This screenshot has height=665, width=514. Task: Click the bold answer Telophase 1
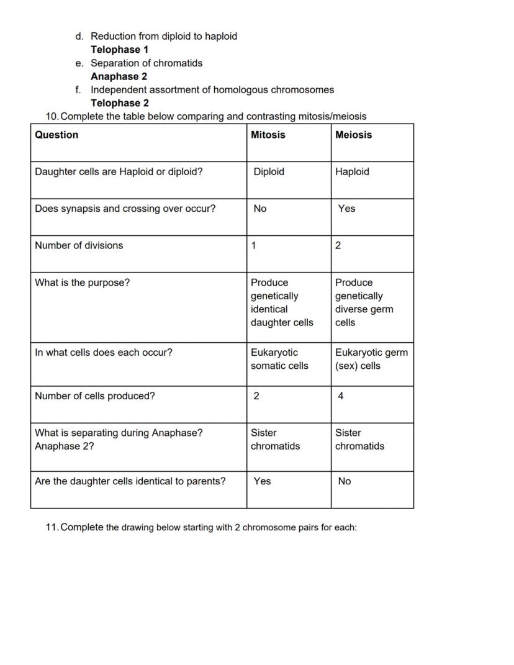point(119,50)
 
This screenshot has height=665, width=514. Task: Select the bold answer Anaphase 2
point(119,76)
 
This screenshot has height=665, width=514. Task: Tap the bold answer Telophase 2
point(119,103)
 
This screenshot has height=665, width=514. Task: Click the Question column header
point(56,135)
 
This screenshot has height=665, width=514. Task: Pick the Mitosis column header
point(268,135)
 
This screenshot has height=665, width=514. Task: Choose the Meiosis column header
point(353,135)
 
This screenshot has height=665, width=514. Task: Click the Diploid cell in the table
point(268,172)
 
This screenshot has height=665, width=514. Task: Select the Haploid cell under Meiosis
point(352,172)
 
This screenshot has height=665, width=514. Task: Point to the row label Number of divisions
point(79,245)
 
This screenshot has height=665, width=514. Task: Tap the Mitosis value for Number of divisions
point(253,245)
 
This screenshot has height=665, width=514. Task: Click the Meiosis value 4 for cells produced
point(341,396)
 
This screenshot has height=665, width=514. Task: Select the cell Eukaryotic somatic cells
point(279,359)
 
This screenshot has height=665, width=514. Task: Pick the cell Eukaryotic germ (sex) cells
point(371,359)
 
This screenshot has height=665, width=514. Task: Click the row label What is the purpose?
point(82,283)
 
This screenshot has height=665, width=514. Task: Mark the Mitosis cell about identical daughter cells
point(282,302)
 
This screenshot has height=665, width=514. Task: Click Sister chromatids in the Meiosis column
point(359,439)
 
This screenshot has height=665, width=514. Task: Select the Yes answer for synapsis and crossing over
point(346,209)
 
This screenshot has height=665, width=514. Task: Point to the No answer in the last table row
point(344,481)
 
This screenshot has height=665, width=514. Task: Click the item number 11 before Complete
point(52,527)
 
